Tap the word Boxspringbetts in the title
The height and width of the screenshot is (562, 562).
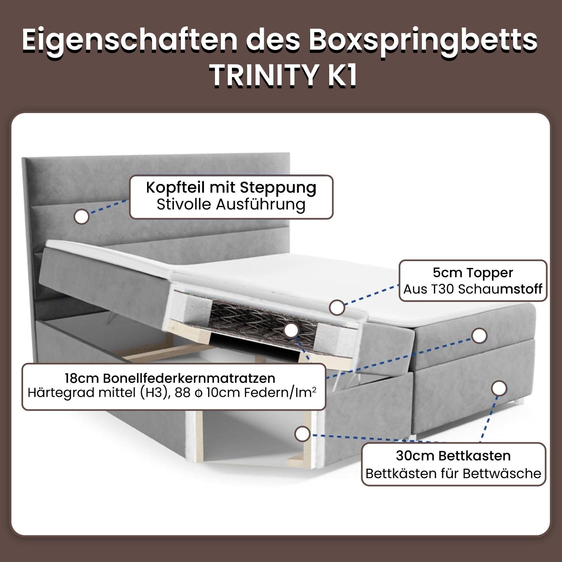[423, 42]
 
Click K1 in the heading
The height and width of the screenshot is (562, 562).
[342, 75]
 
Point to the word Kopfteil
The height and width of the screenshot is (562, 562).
[176, 188]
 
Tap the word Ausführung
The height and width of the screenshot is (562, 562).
[261, 205]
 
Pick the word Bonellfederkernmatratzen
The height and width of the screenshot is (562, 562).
[189, 378]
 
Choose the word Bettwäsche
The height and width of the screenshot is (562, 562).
[502, 474]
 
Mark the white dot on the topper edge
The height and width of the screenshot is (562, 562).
[337, 308]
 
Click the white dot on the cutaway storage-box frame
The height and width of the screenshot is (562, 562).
[302, 434]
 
